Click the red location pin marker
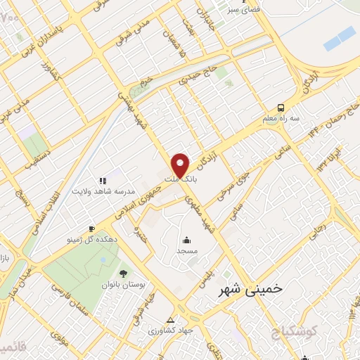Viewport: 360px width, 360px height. (181, 165)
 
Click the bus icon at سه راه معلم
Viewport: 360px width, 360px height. (281, 108)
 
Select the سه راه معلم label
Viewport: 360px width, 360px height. (283, 120)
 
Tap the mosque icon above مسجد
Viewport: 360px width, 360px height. (187, 239)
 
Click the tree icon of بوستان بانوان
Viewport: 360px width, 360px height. (124, 273)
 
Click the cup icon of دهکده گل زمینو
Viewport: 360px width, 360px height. (91, 229)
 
